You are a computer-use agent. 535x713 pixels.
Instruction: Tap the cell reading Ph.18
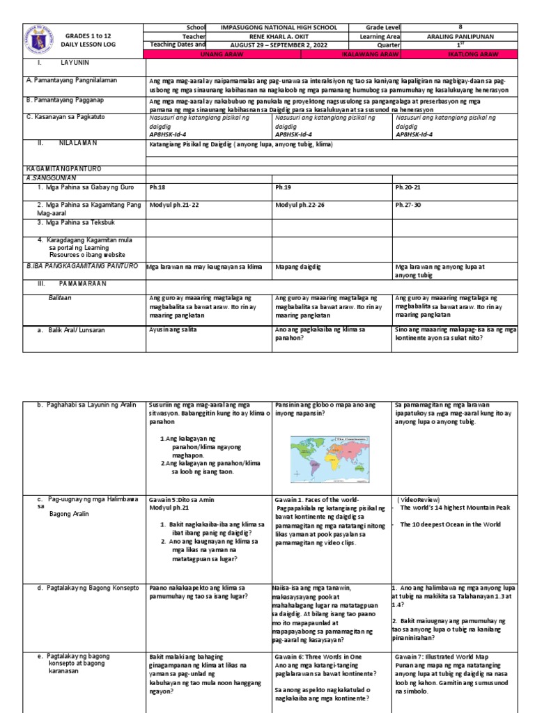[157, 187]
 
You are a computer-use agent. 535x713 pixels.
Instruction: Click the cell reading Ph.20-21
[410, 187]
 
